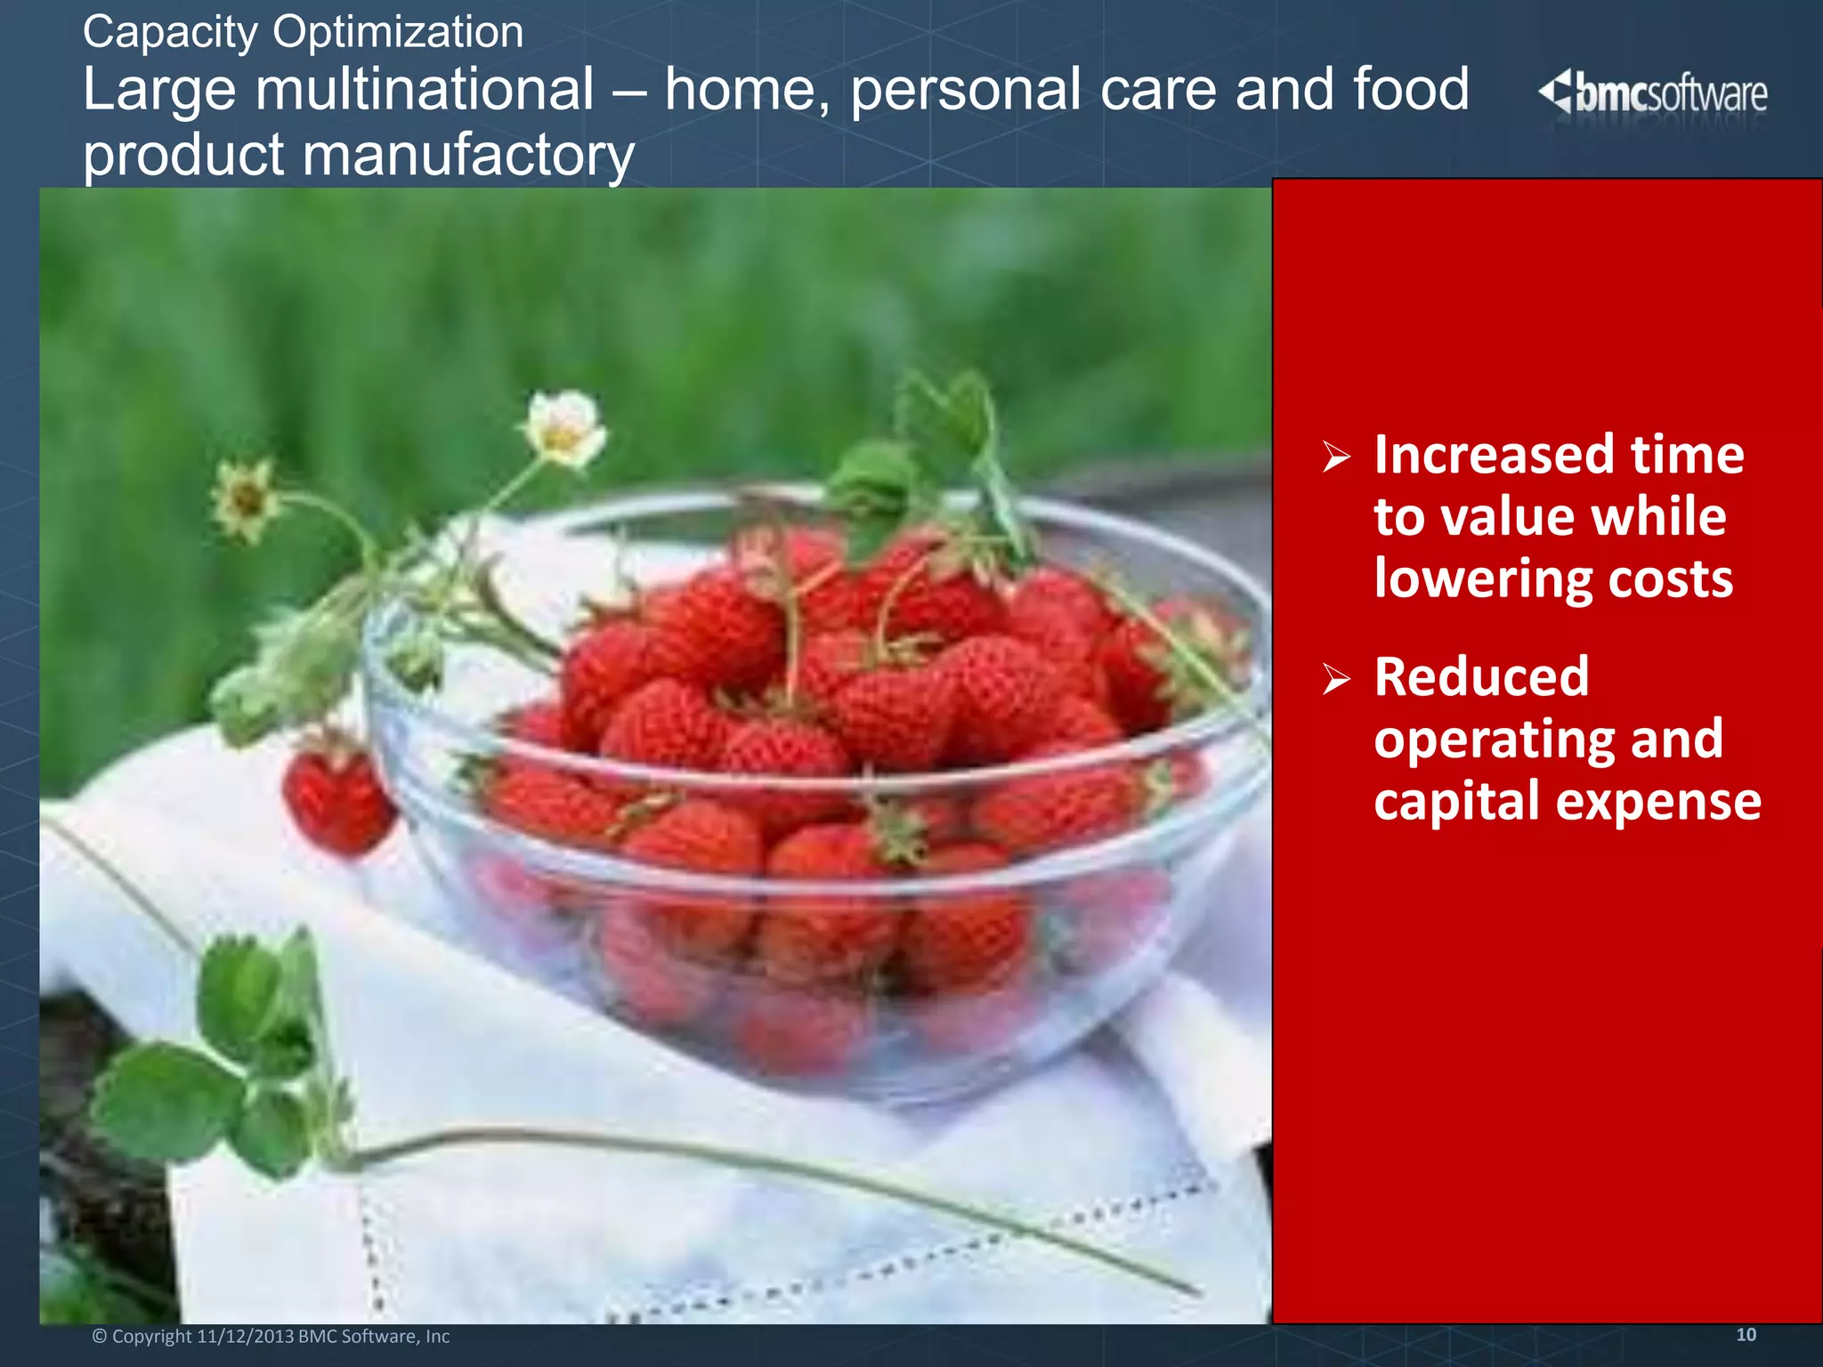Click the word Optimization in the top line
coord(398,33)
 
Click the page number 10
coord(1746,1335)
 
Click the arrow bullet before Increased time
coord(1335,457)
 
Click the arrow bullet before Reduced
coord(1335,679)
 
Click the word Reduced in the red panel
coord(1480,676)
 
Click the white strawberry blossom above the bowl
coord(563,429)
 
